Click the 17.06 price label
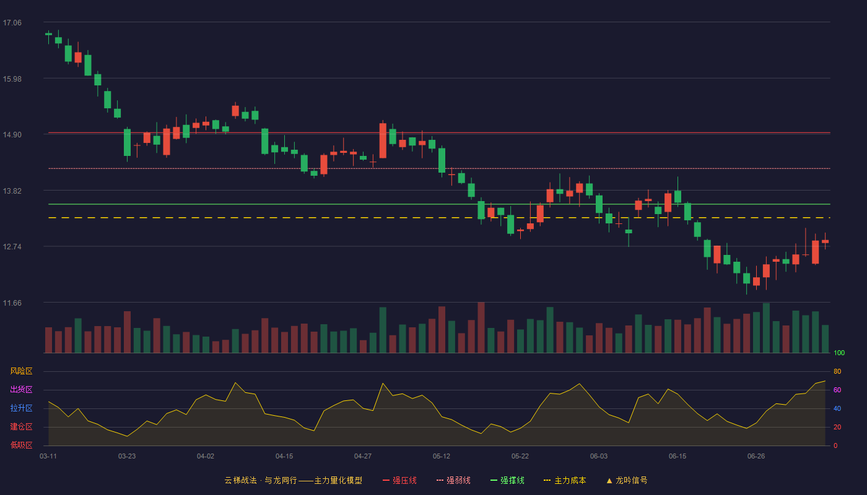[x=12, y=23]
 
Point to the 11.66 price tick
[x=12, y=303]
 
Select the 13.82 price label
[x=12, y=191]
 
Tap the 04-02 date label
[x=206, y=457]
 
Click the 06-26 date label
[x=756, y=457]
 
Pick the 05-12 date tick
[x=442, y=457]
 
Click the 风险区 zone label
[x=21, y=371]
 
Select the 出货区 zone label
[x=21, y=389]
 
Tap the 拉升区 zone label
[x=21, y=408]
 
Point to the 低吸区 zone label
[x=21, y=445]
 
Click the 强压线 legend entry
[x=399, y=480]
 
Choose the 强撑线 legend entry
[x=507, y=480]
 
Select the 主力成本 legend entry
[x=565, y=480]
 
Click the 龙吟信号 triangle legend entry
[x=627, y=480]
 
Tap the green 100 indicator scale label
[x=839, y=353]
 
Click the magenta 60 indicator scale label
[x=837, y=390]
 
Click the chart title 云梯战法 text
[x=241, y=480]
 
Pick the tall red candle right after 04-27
[x=383, y=140]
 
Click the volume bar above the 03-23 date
[x=127, y=332]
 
